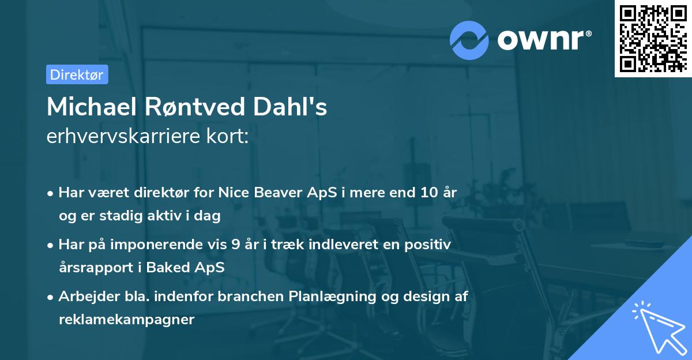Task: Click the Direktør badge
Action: coord(77,74)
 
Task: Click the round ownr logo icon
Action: coord(469,40)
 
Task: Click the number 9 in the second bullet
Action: coord(235,245)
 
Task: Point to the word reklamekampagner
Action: coord(126,320)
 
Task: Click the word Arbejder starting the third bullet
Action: coord(85,297)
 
